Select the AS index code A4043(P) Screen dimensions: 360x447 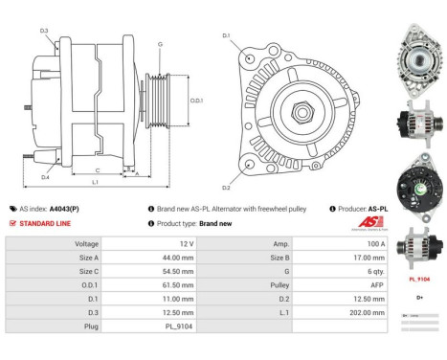pos(65,208)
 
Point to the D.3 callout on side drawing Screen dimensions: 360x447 pos(44,32)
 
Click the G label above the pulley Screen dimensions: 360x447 pos(160,44)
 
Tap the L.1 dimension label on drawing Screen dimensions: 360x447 pos(95,182)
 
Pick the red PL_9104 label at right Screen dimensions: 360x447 pos(418,279)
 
